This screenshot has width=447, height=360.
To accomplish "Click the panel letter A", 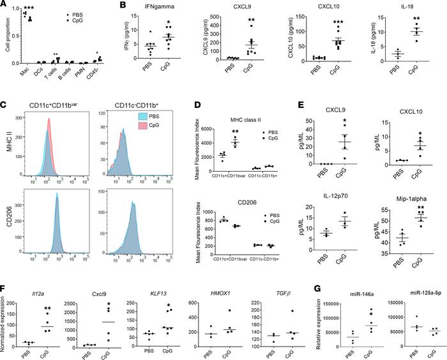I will pos(4,5).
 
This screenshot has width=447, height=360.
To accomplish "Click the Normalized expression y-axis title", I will pos(5,309).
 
